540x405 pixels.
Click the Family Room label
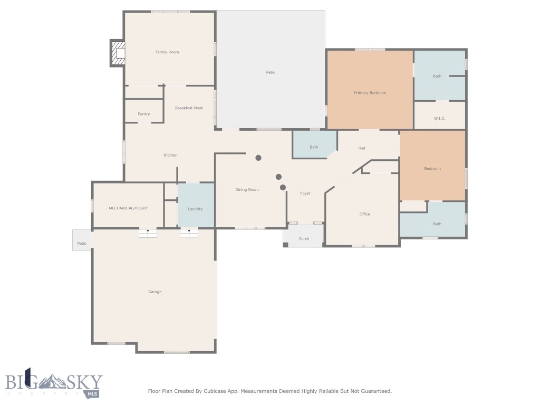click(167, 52)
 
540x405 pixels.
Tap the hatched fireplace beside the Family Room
click(118, 53)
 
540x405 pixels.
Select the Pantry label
click(143, 114)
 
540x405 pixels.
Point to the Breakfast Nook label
click(189, 108)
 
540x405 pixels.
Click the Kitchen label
click(170, 155)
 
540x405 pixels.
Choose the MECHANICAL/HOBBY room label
click(128, 208)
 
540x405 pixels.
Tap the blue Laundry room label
click(195, 209)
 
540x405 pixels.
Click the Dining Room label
click(247, 190)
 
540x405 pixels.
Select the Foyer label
click(305, 194)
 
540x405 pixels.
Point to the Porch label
click(304, 239)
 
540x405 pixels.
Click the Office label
click(364, 214)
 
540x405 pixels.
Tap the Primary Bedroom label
click(370, 93)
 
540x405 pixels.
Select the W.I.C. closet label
click(440, 118)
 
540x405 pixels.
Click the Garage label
click(155, 292)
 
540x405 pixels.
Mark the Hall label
click(362, 148)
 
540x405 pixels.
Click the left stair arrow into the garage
click(148, 232)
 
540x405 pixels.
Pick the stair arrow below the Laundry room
click(189, 232)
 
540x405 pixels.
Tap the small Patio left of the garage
click(82, 243)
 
